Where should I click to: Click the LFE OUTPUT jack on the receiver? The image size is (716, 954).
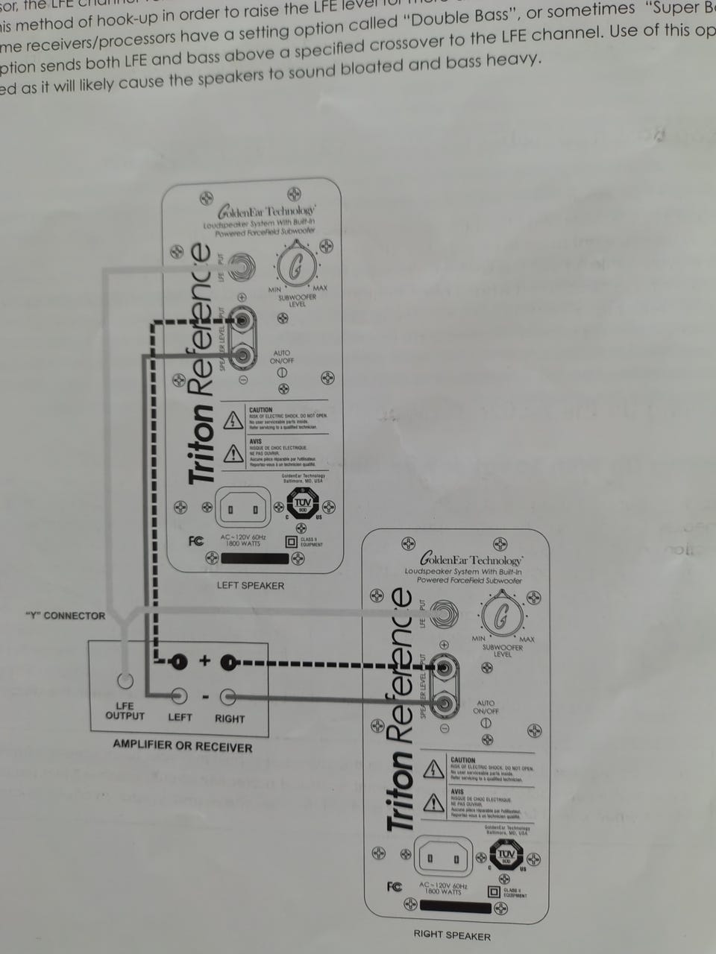125,680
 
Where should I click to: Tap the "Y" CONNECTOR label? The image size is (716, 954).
66,616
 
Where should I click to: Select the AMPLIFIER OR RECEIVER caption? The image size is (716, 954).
183,746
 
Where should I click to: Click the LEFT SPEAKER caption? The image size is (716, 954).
251,585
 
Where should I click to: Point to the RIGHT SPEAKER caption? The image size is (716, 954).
452,935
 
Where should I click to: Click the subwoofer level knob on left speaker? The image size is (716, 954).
296,267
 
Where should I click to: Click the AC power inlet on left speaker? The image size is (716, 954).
243,509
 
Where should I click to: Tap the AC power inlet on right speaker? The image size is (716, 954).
443,859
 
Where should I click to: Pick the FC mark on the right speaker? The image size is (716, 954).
395,886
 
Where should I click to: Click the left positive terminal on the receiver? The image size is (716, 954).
179,661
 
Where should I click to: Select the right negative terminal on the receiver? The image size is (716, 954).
228,697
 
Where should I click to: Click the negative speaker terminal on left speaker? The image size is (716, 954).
242,356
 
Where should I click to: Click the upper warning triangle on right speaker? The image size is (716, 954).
434,768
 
